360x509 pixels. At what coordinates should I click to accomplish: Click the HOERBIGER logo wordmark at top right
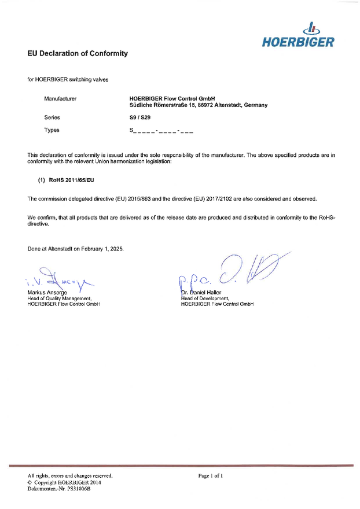(298, 42)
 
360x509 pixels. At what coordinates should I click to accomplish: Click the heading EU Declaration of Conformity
(78, 54)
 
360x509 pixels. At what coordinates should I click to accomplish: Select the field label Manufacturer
(60, 99)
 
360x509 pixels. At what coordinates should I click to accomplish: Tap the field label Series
(52, 117)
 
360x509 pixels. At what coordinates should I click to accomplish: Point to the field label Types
(52, 130)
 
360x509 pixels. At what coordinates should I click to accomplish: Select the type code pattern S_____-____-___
(161, 131)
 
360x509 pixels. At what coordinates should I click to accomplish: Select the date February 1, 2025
(98, 249)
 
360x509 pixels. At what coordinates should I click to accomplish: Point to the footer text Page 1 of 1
(210, 475)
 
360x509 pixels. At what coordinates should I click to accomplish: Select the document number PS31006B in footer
(77, 489)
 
